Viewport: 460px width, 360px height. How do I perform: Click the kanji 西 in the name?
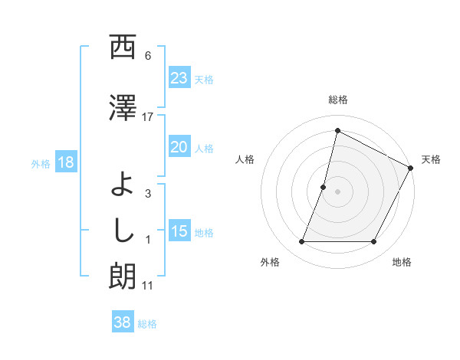(123, 48)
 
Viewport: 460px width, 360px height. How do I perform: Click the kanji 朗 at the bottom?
(123, 277)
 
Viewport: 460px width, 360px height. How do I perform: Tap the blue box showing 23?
(179, 78)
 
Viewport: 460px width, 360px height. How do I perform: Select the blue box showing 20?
(179, 147)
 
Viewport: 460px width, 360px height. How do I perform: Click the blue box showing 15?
(179, 231)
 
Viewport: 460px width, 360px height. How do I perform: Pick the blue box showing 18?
(65, 162)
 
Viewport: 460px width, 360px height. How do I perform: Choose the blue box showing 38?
(122, 323)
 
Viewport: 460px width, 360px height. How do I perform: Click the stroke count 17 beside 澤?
(148, 116)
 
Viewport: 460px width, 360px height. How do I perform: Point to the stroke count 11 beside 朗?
(148, 286)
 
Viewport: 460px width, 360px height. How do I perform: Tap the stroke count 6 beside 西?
(148, 56)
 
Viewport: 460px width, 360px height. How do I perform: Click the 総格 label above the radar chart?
(337, 100)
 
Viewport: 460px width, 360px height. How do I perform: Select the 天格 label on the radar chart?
(431, 159)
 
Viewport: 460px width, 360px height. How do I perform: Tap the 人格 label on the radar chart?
(245, 159)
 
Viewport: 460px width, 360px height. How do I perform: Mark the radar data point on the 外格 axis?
(301, 242)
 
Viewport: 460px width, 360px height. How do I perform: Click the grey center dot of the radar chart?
(337, 191)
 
